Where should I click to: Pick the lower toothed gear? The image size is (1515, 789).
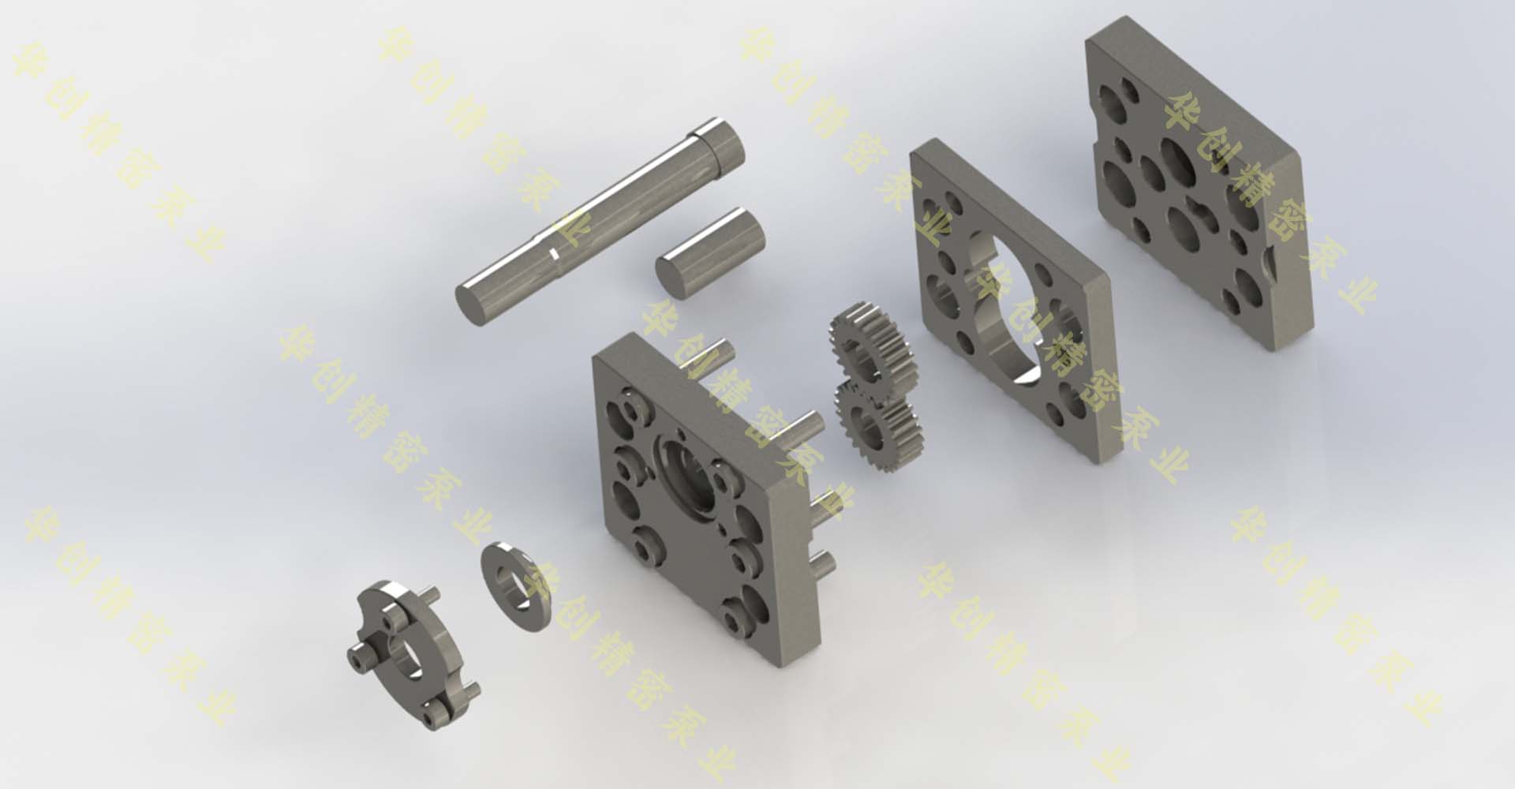877,424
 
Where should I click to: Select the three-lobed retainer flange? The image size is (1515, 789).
413,655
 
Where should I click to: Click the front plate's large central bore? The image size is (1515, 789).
685,473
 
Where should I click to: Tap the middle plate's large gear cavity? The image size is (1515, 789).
1018,308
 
